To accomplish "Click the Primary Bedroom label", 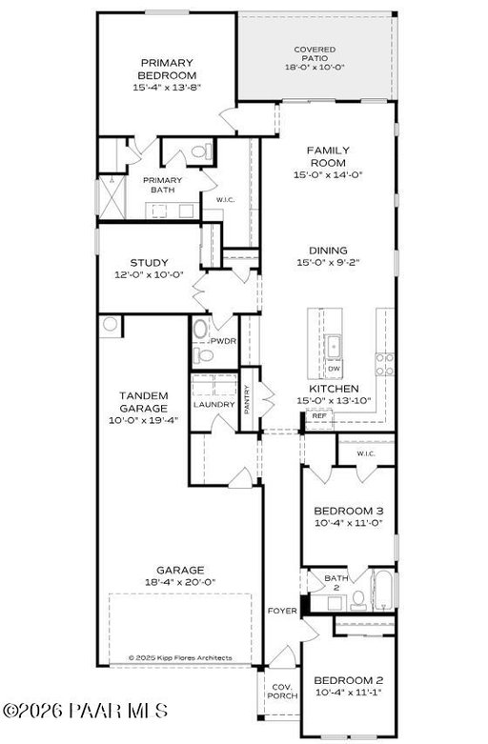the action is pyautogui.click(x=167, y=70).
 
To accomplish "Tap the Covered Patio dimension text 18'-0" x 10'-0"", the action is pyautogui.click(x=315, y=67).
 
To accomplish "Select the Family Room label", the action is pyautogui.click(x=328, y=156).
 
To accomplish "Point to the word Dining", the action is pyautogui.click(x=328, y=251).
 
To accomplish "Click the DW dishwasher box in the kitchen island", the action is pyautogui.click(x=334, y=369).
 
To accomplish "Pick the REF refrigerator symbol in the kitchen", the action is pyautogui.click(x=319, y=416).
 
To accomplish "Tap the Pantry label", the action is pyautogui.click(x=247, y=399).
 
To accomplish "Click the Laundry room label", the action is pyautogui.click(x=214, y=404).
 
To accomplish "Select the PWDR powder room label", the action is pyautogui.click(x=224, y=341).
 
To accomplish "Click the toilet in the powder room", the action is pyautogui.click(x=204, y=355).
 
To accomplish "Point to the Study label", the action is pyautogui.click(x=149, y=263).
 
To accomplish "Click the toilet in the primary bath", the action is pyautogui.click(x=201, y=152).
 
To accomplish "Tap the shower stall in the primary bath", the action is pyautogui.click(x=112, y=197).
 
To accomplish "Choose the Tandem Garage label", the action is pyautogui.click(x=143, y=402).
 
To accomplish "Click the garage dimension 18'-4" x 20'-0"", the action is pyautogui.click(x=180, y=582).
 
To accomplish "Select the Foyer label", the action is pyautogui.click(x=282, y=612).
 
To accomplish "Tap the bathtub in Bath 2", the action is pyautogui.click(x=383, y=590).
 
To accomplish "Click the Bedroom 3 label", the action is pyautogui.click(x=349, y=511).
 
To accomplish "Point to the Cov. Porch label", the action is pyautogui.click(x=282, y=692).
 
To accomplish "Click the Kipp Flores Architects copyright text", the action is pyautogui.click(x=180, y=657).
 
